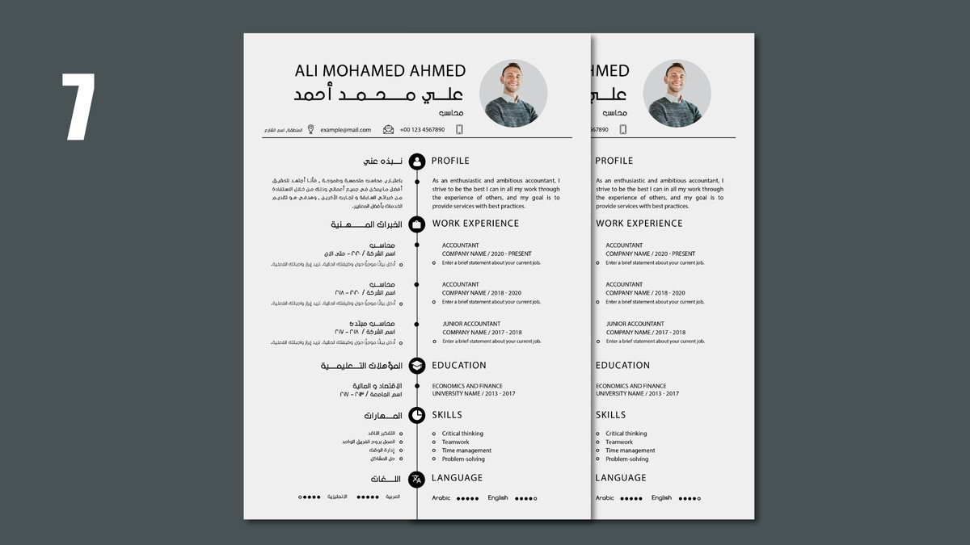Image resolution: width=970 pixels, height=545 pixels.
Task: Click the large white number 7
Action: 80,107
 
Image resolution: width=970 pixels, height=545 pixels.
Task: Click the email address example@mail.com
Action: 345,130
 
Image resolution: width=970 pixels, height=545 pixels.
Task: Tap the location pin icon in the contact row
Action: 310,129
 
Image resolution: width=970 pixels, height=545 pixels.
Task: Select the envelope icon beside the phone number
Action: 389,129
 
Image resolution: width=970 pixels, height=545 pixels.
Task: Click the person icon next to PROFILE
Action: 417,161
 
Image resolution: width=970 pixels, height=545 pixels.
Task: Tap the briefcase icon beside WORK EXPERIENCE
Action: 417,224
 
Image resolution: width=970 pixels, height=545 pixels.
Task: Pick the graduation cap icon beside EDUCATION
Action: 417,366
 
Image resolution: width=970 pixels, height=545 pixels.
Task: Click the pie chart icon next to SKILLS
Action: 417,415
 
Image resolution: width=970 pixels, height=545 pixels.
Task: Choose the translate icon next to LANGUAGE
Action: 417,479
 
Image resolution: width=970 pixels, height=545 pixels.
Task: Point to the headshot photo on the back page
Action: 677,93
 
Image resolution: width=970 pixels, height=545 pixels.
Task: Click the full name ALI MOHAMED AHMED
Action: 381,71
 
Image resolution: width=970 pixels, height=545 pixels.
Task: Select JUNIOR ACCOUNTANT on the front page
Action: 471,324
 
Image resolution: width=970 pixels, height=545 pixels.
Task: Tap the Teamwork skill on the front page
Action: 455,442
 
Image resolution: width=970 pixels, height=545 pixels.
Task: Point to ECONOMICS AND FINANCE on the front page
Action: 467,386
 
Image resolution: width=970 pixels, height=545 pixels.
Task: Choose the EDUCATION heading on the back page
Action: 622,366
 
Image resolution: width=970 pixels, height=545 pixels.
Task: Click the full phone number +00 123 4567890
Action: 422,130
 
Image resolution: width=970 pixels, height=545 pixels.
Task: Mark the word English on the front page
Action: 498,498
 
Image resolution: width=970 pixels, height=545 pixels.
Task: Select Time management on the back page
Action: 630,451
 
